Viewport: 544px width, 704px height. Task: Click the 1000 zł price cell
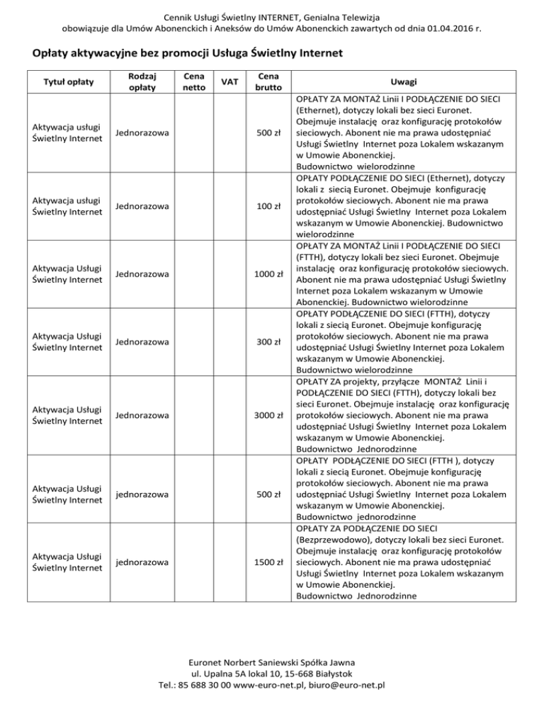270,273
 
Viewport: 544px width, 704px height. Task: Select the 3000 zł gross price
270,415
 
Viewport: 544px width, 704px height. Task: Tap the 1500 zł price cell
270,562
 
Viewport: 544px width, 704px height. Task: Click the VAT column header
225,81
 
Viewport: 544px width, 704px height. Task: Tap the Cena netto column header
189,81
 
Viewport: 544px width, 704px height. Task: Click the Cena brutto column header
263,81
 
